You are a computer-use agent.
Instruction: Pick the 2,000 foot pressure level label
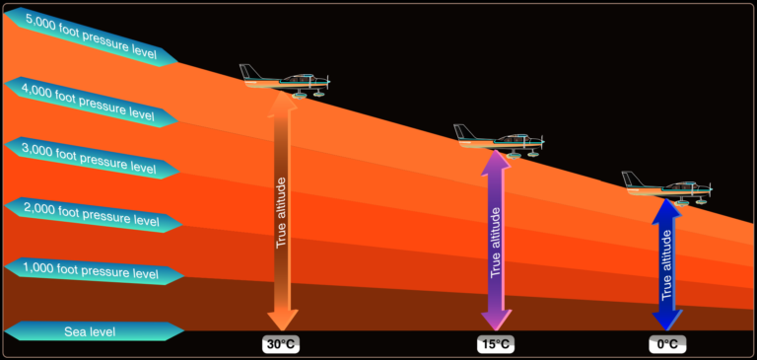(x=93, y=214)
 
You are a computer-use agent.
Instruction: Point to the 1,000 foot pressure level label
(x=93, y=270)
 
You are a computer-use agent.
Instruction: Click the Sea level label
(x=91, y=331)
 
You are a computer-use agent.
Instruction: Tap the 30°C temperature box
(x=280, y=344)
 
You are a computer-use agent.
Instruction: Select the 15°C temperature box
(x=495, y=344)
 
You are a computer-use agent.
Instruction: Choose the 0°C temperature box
(x=667, y=344)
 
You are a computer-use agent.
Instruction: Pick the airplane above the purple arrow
(x=499, y=139)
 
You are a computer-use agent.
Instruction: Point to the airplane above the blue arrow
(x=668, y=186)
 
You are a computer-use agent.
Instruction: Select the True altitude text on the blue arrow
(x=667, y=264)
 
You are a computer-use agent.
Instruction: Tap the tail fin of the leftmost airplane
(x=249, y=70)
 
